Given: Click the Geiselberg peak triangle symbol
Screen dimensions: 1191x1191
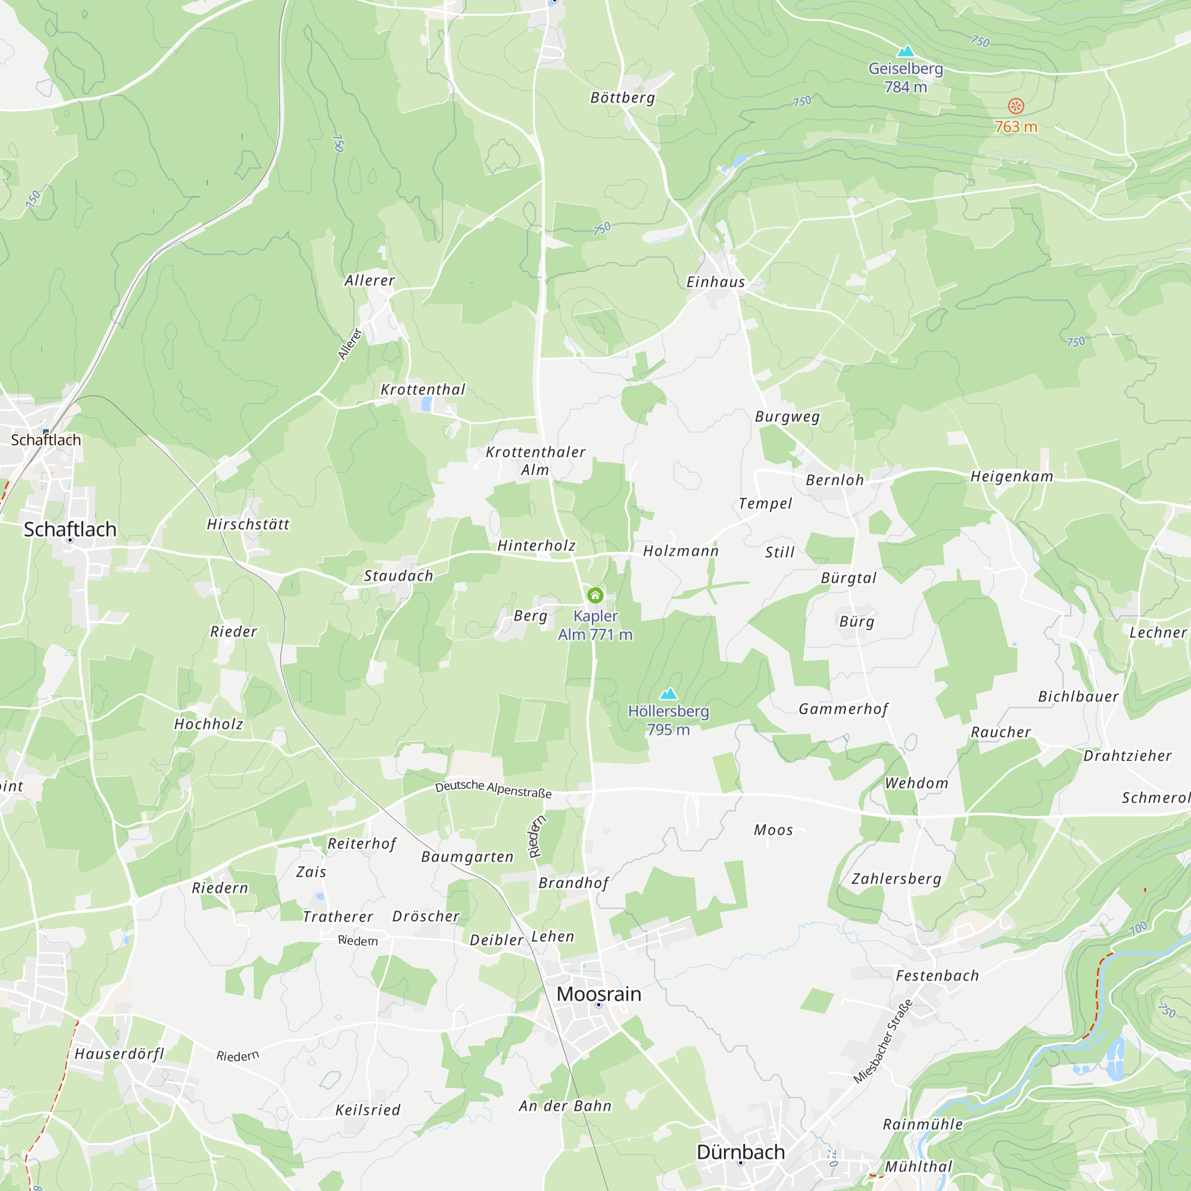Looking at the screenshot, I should (905, 51).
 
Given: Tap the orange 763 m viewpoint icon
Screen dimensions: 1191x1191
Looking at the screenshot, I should (1016, 106).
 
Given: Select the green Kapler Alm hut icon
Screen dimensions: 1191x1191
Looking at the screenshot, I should (595, 595).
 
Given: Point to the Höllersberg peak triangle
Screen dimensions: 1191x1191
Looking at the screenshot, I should (668, 694).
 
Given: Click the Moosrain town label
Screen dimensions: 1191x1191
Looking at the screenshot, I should (598, 994).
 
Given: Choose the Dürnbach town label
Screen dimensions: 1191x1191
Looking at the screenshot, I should (740, 1152).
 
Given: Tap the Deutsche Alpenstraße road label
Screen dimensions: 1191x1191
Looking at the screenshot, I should (493, 789).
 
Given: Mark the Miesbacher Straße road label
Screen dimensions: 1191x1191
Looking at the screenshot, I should (883, 1041).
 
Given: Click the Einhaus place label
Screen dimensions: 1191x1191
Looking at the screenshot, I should (716, 282).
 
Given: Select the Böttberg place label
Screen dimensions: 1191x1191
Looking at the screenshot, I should (623, 98).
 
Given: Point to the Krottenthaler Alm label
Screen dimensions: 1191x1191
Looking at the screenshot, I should (535, 460).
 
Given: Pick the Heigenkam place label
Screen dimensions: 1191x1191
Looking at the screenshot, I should (1012, 476).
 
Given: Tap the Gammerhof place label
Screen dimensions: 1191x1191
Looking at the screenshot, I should (843, 709).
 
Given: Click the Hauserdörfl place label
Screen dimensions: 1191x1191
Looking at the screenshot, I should (120, 1053).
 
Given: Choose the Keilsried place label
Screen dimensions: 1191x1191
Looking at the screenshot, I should (368, 1110).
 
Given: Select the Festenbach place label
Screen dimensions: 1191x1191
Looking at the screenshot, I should (937, 976).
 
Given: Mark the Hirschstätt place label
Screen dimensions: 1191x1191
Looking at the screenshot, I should (248, 525).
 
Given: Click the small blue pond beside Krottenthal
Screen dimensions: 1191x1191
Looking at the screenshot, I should (426, 404).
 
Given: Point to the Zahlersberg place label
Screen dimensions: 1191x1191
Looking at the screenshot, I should (896, 878).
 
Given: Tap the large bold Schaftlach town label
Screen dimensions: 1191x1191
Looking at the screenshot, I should (70, 529).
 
